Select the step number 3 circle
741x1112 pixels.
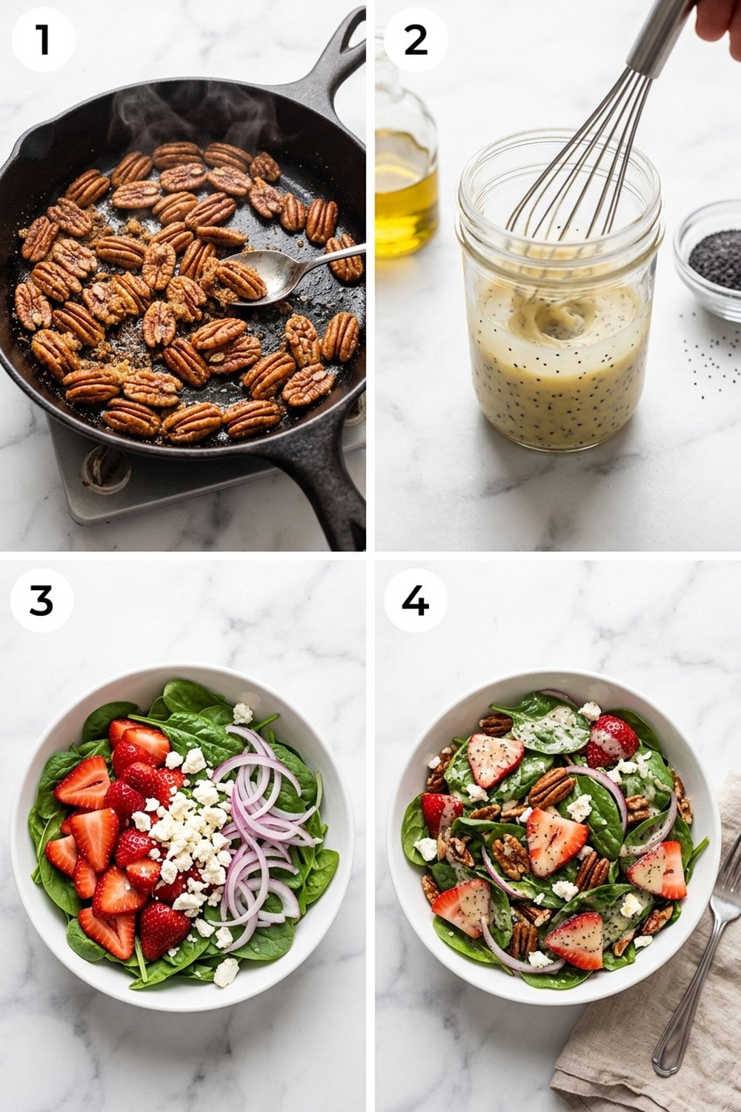(41, 600)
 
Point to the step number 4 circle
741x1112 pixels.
(416, 600)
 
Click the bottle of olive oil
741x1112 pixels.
(404, 178)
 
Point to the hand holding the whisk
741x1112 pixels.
(717, 19)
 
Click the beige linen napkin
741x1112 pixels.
(630, 1038)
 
